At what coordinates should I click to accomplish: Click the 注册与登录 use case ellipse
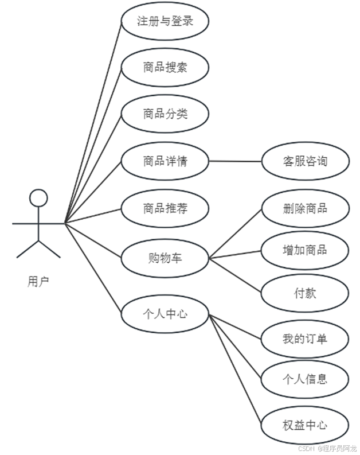(165, 22)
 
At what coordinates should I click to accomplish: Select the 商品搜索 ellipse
(165, 68)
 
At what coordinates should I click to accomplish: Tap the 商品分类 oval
(165, 114)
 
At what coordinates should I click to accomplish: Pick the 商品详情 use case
(165, 161)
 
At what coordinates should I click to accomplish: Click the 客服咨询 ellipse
(305, 161)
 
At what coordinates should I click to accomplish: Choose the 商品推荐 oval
(165, 208)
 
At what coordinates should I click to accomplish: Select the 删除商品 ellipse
(305, 208)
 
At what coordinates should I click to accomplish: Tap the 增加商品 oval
(305, 250)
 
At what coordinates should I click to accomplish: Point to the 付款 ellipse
(305, 293)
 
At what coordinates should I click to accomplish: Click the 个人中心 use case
(165, 314)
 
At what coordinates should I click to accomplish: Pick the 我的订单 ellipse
(305, 339)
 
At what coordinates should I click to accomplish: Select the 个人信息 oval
(305, 379)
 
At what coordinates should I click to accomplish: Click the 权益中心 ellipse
(305, 425)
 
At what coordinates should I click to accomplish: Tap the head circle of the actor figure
(38, 198)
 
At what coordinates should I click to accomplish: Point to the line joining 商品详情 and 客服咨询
(235, 161)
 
